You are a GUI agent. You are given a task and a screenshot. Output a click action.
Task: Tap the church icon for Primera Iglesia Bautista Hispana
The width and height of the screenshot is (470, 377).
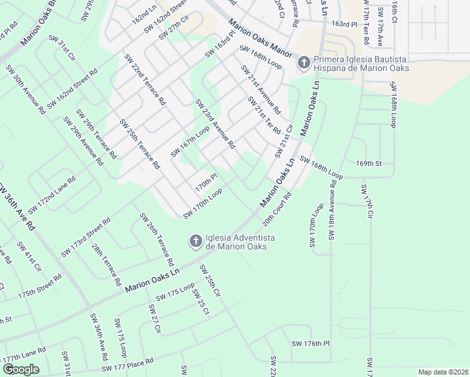[x=303, y=63]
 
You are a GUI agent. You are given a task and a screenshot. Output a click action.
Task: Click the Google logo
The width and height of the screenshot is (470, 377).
[x=21, y=369]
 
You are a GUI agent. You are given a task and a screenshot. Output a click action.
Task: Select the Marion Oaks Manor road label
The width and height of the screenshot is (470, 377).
[x=260, y=39]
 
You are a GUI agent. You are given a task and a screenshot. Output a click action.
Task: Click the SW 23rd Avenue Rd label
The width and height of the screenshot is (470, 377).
[x=215, y=124]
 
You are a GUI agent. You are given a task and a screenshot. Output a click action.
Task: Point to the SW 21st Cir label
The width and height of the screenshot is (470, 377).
[x=284, y=141]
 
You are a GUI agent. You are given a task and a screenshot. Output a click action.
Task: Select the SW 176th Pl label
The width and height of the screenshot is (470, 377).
[x=310, y=344]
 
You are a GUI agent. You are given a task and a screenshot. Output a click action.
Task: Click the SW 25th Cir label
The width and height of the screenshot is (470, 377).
[x=210, y=281]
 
